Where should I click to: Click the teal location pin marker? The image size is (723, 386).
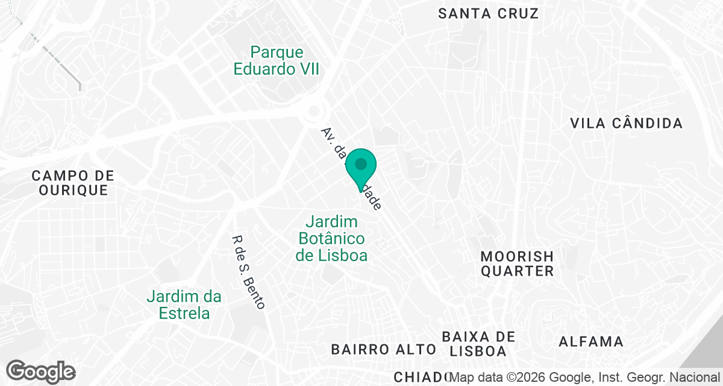pos(361,166)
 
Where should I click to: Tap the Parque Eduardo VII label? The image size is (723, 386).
pos(276,61)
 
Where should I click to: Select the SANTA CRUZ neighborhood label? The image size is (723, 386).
pos(488,13)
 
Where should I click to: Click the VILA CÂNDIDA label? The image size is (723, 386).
pos(626,124)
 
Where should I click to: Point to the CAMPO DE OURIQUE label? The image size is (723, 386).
pos(73,183)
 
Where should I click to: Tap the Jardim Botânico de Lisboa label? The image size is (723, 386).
pos(331,238)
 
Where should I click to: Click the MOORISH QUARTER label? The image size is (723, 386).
pos(517,264)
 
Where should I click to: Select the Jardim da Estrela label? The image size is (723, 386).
pos(184,305)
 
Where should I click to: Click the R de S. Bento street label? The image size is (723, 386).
pos(248,271)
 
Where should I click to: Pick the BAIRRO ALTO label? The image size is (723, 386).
pos(383,349)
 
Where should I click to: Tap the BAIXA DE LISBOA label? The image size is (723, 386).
pos(478,343)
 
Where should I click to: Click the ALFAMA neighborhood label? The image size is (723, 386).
pos(591,342)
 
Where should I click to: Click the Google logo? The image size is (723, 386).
pos(41,372)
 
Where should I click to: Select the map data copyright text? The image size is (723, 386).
pos(586,378)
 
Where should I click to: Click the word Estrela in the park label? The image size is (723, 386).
pos(184,313)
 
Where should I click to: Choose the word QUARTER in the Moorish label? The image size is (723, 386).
pos(517,271)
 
